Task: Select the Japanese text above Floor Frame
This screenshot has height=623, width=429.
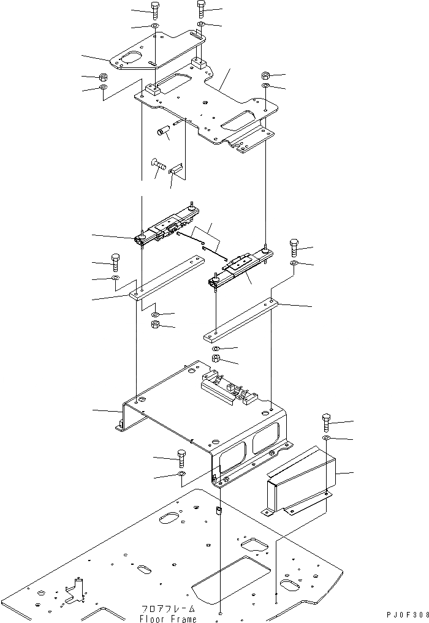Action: [x=168, y=609]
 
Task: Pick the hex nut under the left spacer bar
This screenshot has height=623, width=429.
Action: [x=156, y=325]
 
